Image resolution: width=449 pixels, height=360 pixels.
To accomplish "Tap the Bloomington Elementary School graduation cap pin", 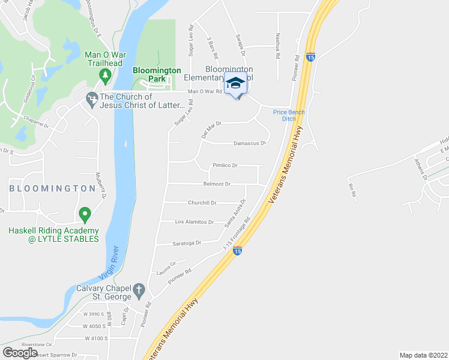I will [x=235, y=83].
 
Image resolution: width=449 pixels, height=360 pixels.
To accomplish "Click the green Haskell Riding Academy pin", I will [x=85, y=214].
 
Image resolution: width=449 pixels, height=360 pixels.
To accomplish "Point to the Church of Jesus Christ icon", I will [x=92, y=98].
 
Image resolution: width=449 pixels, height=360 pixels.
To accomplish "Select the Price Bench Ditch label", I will [x=289, y=115].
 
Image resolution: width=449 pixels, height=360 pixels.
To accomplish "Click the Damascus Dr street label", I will [x=249, y=143].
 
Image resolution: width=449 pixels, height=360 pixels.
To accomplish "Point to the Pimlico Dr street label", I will [x=225, y=165].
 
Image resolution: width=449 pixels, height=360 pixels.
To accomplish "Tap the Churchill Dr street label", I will [x=202, y=203].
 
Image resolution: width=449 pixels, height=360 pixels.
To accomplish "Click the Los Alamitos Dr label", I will [x=194, y=222].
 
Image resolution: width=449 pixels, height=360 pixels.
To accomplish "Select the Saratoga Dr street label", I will [x=187, y=242].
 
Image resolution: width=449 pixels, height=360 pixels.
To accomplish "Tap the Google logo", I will [x=20, y=353].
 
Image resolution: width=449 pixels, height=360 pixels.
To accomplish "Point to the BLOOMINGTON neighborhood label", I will [x=52, y=188].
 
